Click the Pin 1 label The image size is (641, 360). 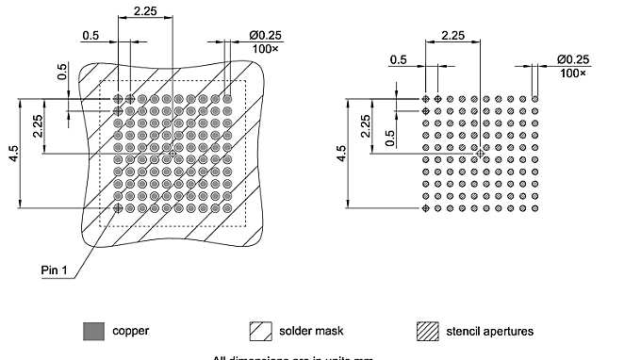tap(56, 270)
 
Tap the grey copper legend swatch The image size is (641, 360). tap(91, 331)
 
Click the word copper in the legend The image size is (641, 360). tap(130, 332)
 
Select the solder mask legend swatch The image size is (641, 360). tap(260, 331)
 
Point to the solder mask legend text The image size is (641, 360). tap(311, 332)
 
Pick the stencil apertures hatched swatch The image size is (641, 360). tap(428, 331)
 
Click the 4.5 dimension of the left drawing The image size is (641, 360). tap(13, 154)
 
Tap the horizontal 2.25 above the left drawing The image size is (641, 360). tap(145, 10)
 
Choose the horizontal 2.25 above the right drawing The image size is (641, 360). tap(452, 35)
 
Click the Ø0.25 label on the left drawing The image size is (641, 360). tap(265, 35)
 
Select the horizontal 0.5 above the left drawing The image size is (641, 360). tap(90, 35)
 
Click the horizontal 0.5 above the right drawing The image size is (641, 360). tap(399, 59)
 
